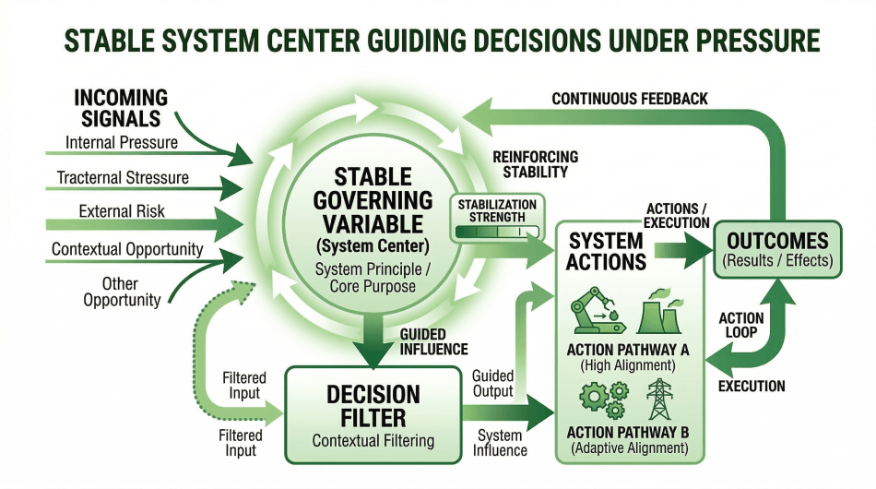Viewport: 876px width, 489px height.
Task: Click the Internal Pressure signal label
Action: (122, 143)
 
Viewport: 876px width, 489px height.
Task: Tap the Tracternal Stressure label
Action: (123, 177)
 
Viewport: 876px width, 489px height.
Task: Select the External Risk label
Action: (122, 211)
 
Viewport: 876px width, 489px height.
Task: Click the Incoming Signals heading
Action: (121, 108)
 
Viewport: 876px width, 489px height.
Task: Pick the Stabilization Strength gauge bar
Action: (497, 233)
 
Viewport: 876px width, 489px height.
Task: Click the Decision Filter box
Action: (373, 413)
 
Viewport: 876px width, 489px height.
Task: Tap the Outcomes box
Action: (776, 249)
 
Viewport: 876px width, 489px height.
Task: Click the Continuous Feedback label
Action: (630, 98)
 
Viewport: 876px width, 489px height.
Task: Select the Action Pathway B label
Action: (629, 433)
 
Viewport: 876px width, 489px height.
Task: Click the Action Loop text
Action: (741, 326)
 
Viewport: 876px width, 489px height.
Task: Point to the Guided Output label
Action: (492, 383)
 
